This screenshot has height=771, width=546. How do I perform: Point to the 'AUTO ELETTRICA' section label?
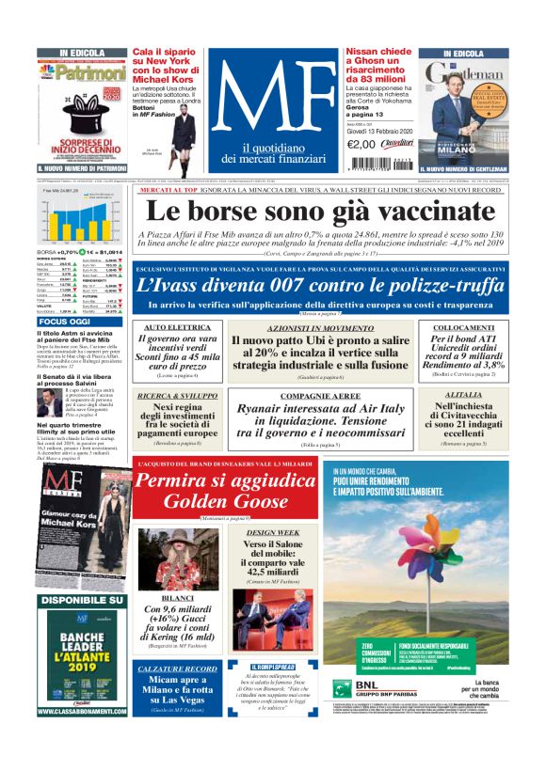pyautogui.click(x=169, y=326)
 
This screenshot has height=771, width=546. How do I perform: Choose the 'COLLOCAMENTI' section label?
pyautogui.click(x=463, y=326)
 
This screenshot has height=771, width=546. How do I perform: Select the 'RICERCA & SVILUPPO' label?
pyautogui.click(x=169, y=397)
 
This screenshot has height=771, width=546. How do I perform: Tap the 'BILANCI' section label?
pyautogui.click(x=177, y=596)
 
